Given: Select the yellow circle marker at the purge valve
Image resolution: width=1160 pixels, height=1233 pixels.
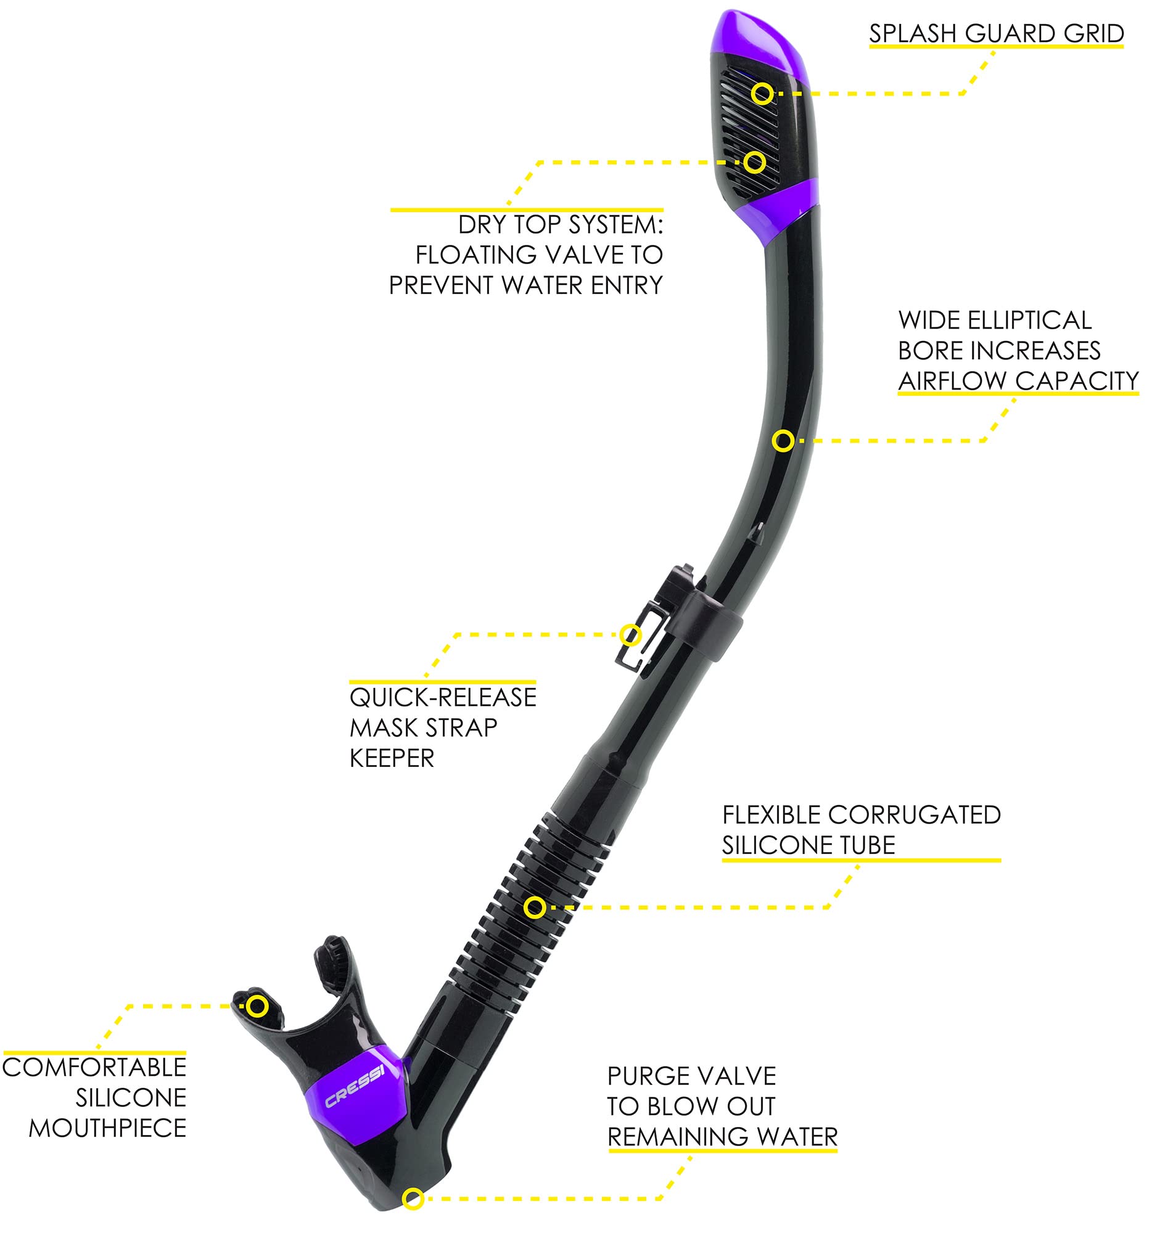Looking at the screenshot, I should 413,1198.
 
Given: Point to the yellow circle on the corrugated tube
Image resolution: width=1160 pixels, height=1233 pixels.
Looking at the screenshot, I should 534,908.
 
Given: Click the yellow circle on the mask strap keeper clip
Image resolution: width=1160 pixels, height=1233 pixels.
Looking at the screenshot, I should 630,634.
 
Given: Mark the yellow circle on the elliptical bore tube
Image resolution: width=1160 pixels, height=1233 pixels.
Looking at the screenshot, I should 783,441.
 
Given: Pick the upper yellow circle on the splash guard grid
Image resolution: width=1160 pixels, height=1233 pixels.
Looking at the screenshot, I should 762,94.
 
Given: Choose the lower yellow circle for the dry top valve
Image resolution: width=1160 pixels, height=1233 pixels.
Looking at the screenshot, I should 754,163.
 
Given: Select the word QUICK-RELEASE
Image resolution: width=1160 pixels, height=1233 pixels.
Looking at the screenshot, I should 443,697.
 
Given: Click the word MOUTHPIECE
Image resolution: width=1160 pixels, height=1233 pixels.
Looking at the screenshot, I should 108,1128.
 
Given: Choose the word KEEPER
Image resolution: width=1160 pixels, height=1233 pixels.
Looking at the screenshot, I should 392,758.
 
